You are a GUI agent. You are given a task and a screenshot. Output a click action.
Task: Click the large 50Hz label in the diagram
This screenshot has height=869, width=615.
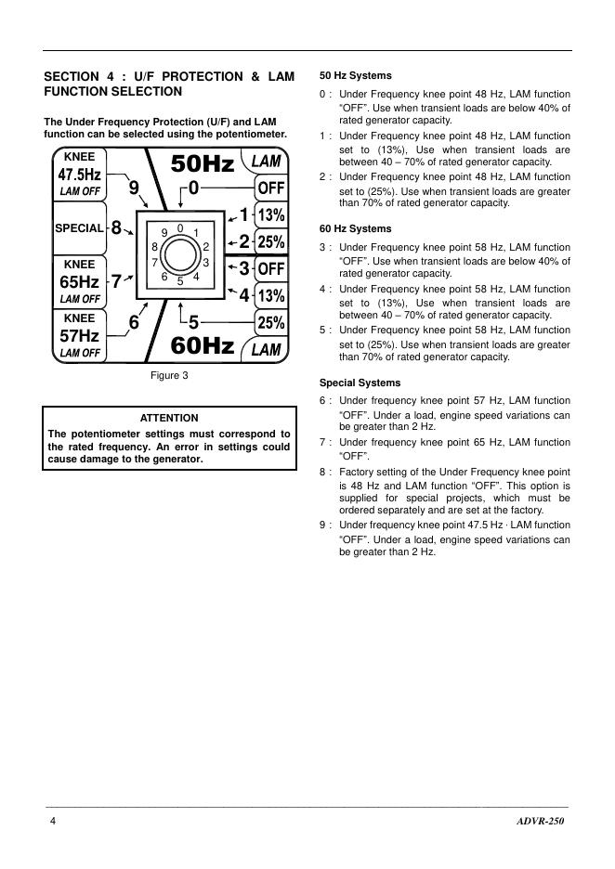pyautogui.click(x=203, y=164)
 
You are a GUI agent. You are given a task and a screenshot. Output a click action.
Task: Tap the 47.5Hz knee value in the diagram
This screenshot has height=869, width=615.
pyautogui.click(x=79, y=175)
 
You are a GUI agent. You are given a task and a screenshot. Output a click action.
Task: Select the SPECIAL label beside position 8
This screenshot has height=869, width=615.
pyautogui.click(x=79, y=228)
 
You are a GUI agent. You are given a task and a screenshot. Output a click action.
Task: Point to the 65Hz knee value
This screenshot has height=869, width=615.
pyautogui.click(x=79, y=281)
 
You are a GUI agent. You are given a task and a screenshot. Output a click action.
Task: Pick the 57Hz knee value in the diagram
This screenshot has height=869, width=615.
pyautogui.click(x=79, y=335)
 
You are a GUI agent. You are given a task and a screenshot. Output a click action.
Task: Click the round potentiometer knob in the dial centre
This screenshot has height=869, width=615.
pyautogui.click(x=181, y=253)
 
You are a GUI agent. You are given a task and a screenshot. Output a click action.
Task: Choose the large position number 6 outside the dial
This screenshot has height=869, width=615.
pyautogui.click(x=134, y=323)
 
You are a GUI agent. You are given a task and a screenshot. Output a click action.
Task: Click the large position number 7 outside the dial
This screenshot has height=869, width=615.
pyautogui.click(x=117, y=282)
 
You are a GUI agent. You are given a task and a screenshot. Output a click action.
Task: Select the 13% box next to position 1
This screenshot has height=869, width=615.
pyautogui.click(x=270, y=215)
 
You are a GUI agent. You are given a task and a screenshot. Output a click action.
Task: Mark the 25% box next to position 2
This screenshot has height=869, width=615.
pyautogui.click(x=270, y=242)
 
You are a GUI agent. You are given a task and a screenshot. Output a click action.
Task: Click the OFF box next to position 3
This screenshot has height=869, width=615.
pyautogui.click(x=270, y=269)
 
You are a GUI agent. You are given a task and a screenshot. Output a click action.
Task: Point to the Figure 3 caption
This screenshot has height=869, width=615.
pyautogui.click(x=169, y=376)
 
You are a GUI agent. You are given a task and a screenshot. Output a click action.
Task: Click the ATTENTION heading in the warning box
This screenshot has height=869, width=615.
pyautogui.click(x=168, y=418)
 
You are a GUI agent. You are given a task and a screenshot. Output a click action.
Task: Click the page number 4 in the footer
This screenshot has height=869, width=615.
pyautogui.click(x=53, y=823)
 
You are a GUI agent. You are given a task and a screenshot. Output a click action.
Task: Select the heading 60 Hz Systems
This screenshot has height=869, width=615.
pyautogui.click(x=355, y=228)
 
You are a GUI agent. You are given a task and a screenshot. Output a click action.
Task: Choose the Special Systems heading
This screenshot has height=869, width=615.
pyautogui.click(x=360, y=383)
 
